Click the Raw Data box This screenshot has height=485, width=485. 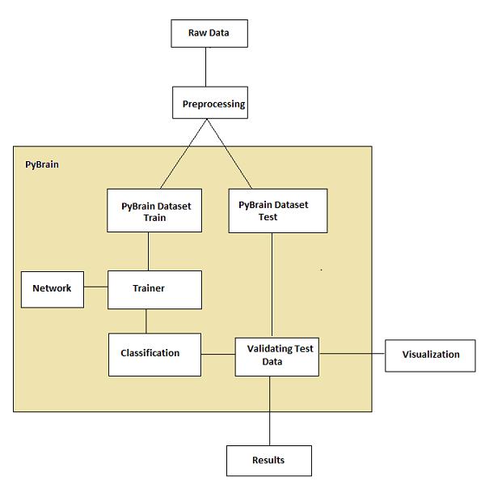coord(209,33)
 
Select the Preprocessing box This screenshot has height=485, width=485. coord(210,104)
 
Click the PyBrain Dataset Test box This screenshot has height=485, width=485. coord(277,211)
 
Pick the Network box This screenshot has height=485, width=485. coord(52,288)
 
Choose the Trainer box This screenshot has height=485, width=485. coord(154,289)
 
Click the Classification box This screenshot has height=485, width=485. coord(154,354)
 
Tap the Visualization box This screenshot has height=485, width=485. coord(430,355)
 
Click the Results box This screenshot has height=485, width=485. coord(268,460)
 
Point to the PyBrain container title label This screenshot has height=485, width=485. coord(41,164)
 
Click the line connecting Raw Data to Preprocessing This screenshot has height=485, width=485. coord(207,67)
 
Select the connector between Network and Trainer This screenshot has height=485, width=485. coord(95,287)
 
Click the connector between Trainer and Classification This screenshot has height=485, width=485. coord(146,321)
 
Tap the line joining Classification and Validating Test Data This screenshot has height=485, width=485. coord(218,354)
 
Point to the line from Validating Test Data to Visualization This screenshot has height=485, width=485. coord(352,353)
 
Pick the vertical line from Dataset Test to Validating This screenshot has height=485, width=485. coord(270,284)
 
